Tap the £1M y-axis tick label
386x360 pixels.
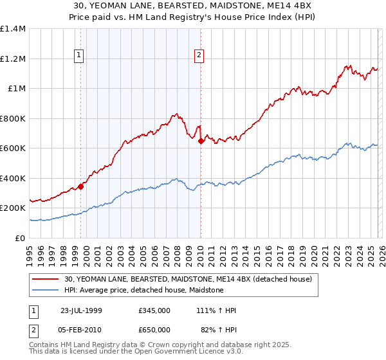17,89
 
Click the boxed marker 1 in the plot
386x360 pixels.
78,56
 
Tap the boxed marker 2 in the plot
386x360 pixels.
199,56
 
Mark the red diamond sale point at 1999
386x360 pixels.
81,187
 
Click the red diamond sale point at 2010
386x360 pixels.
201,141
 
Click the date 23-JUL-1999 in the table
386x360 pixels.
81,310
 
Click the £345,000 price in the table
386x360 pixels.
154,310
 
